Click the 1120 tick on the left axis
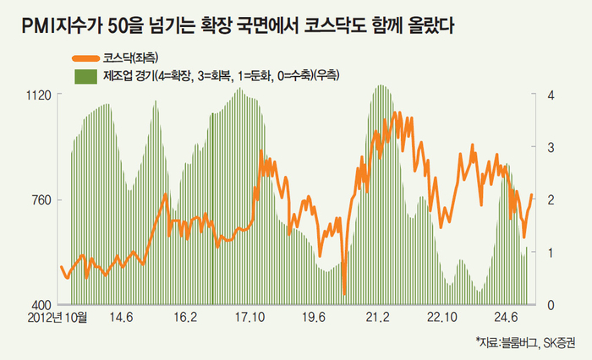tap(41, 95)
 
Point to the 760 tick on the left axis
tap(44, 199)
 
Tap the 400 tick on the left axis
tap(43, 304)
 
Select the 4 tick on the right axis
tap(551, 95)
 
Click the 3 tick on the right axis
tap(551, 147)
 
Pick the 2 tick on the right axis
tap(551, 199)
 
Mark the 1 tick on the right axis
tap(551, 252)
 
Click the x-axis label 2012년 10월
tap(58, 319)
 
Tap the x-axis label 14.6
tap(122, 319)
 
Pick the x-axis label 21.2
tap(377, 319)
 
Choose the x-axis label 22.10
tap(441, 319)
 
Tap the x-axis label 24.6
tap(506, 319)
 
